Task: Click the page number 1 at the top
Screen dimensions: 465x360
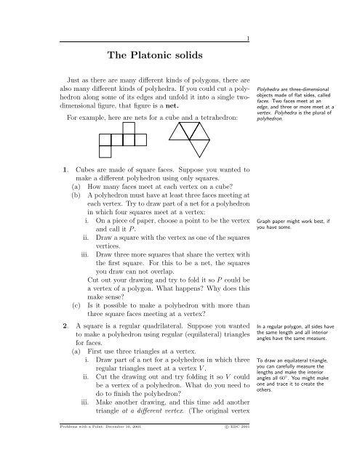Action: (249, 39)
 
